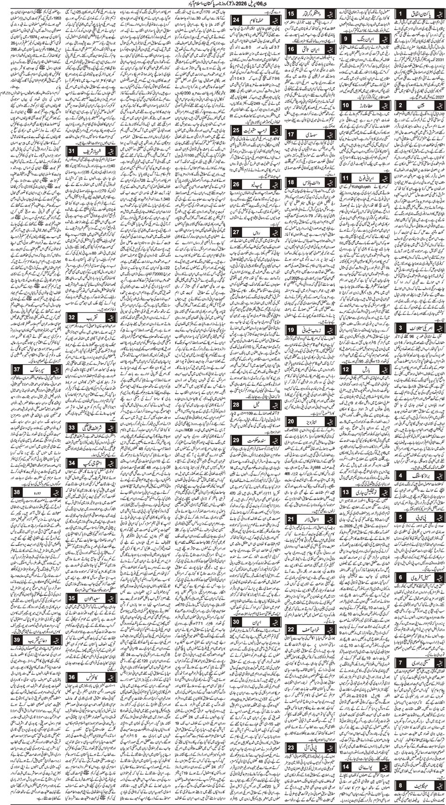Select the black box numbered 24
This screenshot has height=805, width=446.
tap(236, 20)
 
